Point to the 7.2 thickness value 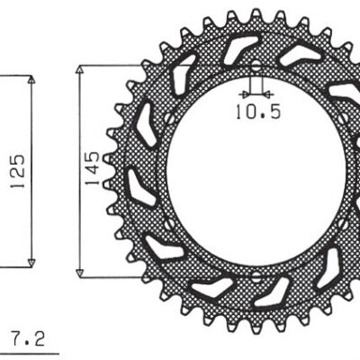pyautogui.click(x=28, y=339)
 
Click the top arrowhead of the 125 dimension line pyautogui.click(x=32, y=81)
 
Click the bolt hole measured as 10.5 pyautogui.click(x=256, y=67)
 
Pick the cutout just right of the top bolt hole pyautogui.click(x=300, y=55)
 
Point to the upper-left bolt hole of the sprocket pyautogui.click(x=168, y=118)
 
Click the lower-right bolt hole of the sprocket pyautogui.click(x=343, y=225)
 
